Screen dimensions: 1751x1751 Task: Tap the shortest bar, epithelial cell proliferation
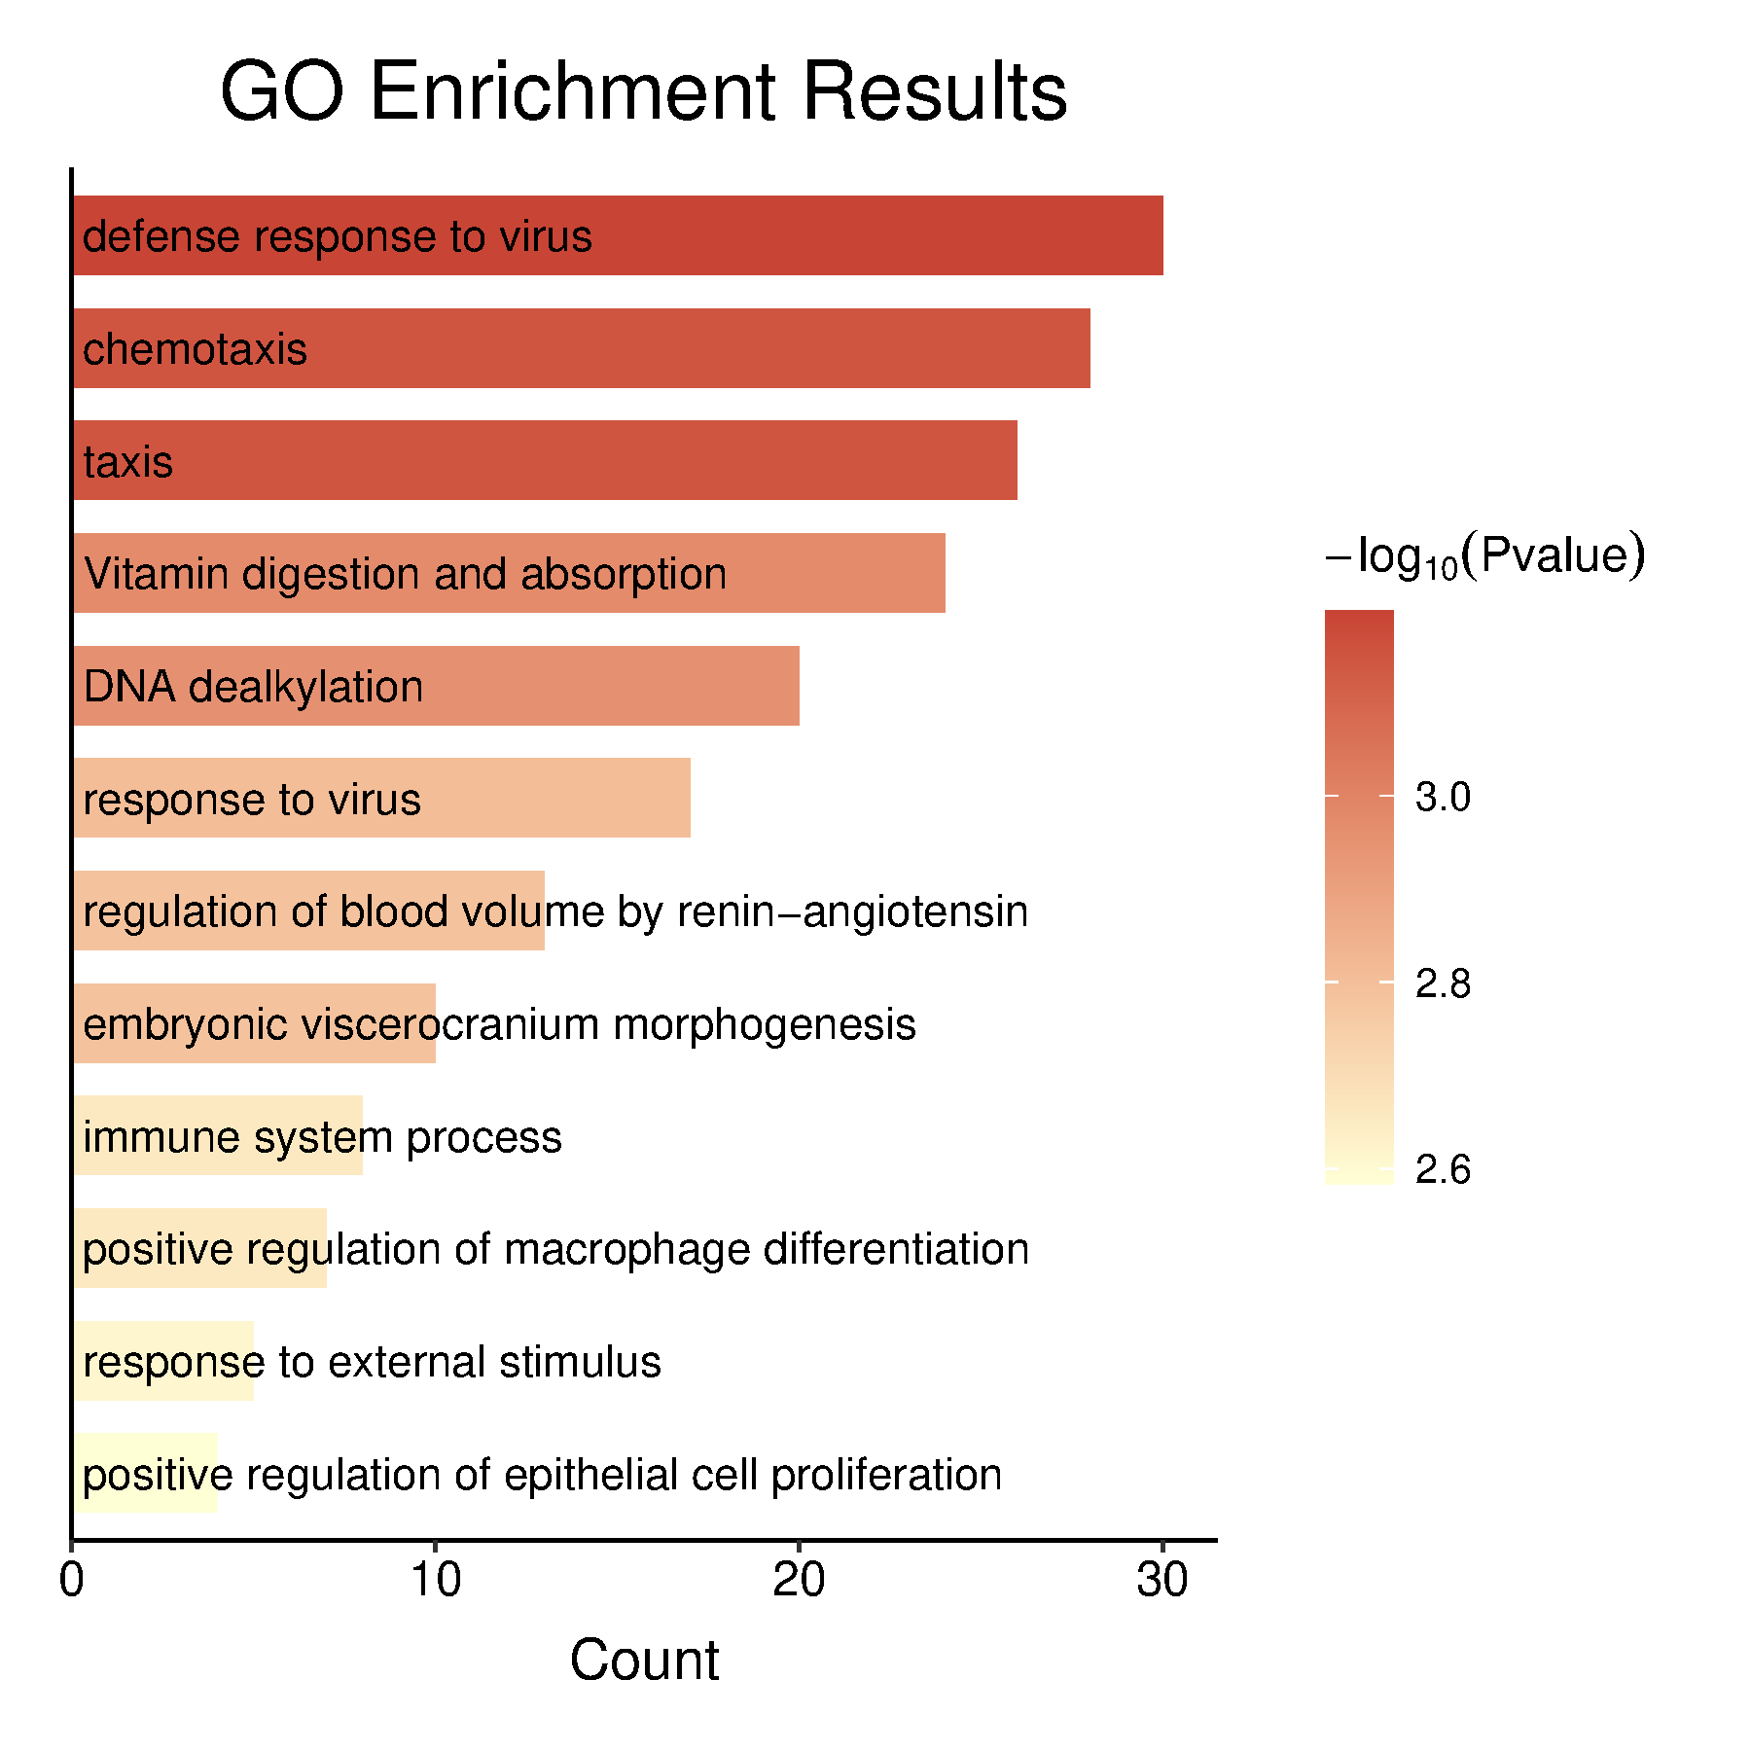pyautogui.click(x=146, y=1473)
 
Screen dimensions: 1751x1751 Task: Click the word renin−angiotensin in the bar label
pyautogui.click(x=852, y=911)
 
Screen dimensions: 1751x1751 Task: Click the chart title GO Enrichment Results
pyautogui.click(x=644, y=92)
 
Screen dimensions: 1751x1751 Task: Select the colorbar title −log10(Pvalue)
pyautogui.click(x=1485, y=556)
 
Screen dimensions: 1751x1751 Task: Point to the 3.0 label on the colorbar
pyautogui.click(x=1443, y=797)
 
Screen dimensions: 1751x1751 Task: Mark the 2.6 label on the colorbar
pyautogui.click(x=1443, y=1169)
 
